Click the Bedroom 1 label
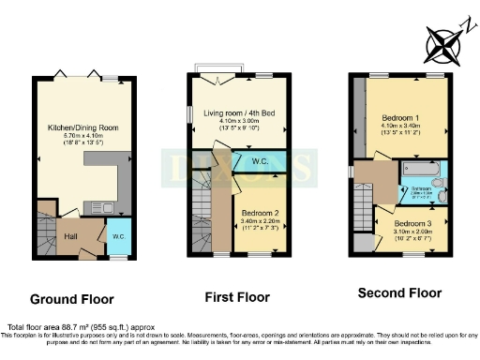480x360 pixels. coord(406,112)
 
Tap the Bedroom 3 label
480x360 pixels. coord(413,224)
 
